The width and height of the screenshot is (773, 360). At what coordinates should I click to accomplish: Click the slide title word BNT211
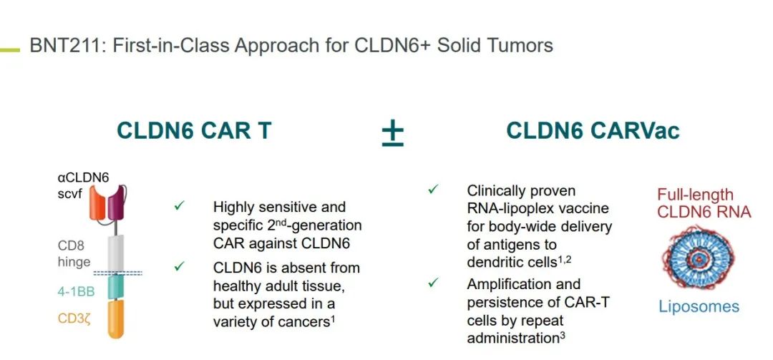(x=61, y=46)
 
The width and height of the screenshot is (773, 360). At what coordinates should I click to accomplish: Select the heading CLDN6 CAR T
(x=194, y=131)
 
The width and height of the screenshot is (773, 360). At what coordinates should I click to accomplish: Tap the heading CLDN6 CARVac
(x=593, y=131)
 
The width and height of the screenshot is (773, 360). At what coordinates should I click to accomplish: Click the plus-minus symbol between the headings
(x=392, y=132)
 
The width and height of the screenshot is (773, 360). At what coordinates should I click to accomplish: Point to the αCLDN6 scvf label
(x=83, y=185)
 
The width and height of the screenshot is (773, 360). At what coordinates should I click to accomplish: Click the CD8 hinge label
(x=74, y=254)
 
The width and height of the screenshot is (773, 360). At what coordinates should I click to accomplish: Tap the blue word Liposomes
(x=699, y=307)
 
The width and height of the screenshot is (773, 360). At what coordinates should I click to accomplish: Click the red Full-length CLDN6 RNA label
(x=704, y=203)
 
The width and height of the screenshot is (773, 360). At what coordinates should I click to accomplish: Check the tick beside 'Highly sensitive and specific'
(x=180, y=206)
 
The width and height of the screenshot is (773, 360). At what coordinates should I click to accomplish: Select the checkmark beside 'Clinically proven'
(x=434, y=190)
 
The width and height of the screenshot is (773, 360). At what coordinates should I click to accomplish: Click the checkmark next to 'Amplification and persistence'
(x=434, y=283)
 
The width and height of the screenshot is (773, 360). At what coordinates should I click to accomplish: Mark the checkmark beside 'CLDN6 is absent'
(x=180, y=267)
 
